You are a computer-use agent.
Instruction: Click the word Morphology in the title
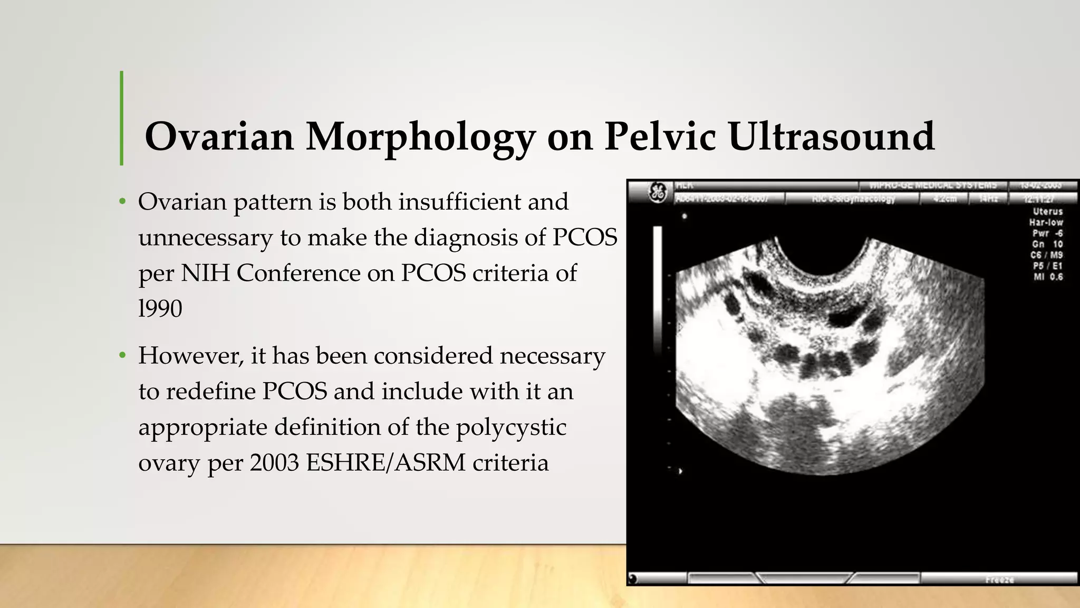[420, 137]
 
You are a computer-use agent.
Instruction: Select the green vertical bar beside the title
[122, 118]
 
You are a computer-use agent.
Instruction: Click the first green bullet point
[122, 202]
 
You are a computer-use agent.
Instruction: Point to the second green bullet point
[122, 356]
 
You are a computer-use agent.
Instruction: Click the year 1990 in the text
[160, 308]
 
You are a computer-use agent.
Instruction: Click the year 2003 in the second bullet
[274, 462]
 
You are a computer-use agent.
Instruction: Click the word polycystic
[511, 427]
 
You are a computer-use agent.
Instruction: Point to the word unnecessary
[205, 237]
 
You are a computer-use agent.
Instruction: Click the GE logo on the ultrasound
[657, 192]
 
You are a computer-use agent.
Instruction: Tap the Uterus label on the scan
[1047, 211]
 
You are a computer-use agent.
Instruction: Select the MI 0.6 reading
[1048, 277]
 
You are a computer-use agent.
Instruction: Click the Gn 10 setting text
[1047, 244]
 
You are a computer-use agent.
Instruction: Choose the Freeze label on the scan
[999, 579]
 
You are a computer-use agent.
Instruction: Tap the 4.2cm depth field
[944, 199]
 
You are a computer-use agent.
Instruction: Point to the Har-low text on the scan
[1046, 222]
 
